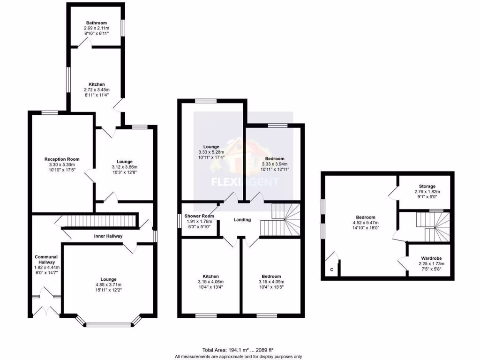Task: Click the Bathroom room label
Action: (x=96, y=22)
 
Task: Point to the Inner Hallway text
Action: (x=108, y=236)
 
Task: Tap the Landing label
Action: (x=242, y=220)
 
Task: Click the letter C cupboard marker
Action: (x=332, y=270)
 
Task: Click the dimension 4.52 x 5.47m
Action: (x=365, y=223)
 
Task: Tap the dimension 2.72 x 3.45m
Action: (x=96, y=90)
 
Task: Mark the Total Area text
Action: (x=238, y=350)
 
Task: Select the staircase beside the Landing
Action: (x=281, y=219)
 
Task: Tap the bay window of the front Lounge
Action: (x=109, y=323)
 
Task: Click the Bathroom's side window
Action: (x=123, y=27)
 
